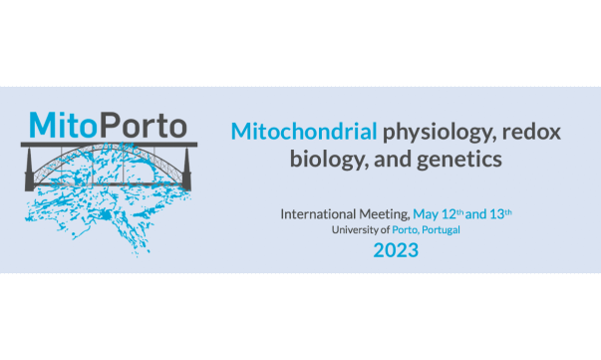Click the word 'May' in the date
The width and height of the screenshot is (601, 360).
(x=428, y=213)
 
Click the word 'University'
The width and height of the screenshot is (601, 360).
(x=357, y=229)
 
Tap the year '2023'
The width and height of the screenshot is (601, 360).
(x=396, y=249)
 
